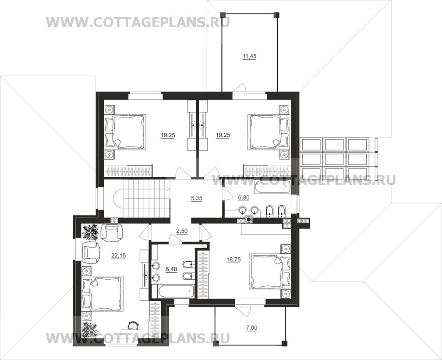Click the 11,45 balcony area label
(x=249, y=57)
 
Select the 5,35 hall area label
(x=197, y=198)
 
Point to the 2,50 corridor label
(x=182, y=231)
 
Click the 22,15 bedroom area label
(x=119, y=256)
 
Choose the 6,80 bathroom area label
(x=244, y=198)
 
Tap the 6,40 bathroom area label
(x=171, y=269)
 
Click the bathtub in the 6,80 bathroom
(x=272, y=187)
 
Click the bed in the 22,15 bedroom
(x=103, y=294)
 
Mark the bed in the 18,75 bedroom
(x=270, y=271)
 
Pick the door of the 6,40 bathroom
(x=175, y=239)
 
